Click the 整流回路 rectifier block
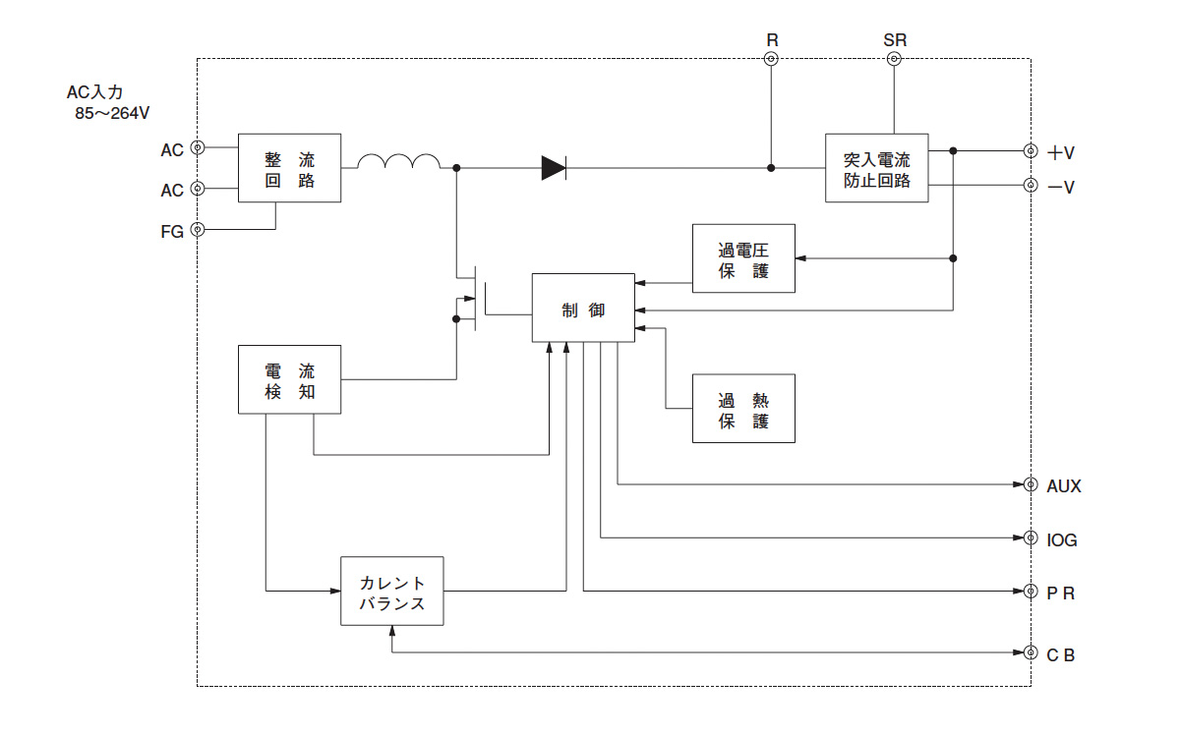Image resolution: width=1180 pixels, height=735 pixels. [x=290, y=168]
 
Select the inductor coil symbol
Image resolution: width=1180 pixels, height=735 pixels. [x=398, y=162]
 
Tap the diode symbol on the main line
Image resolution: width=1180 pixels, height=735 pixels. [x=555, y=168]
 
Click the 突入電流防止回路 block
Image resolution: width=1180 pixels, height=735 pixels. [x=876, y=168]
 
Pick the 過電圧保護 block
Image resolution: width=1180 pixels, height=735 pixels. [x=743, y=258]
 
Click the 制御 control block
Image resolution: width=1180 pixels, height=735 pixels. [x=583, y=309]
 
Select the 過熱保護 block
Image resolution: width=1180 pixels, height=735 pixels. [x=743, y=409]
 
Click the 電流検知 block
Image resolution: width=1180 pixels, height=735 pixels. [x=290, y=379]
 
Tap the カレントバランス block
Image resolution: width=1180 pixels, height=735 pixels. [x=392, y=592]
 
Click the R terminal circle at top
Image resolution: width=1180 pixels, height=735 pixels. [x=772, y=59]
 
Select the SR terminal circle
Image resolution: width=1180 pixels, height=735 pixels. [x=894, y=59]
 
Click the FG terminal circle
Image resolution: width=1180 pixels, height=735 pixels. [x=198, y=230]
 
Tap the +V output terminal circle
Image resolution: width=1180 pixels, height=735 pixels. [x=1031, y=151]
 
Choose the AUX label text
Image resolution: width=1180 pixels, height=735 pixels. [x=1064, y=486]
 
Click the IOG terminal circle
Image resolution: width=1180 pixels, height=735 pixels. [x=1031, y=538]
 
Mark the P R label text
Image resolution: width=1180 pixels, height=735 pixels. [x=1060, y=594]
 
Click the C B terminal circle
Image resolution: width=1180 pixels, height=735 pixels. [x=1031, y=653]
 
